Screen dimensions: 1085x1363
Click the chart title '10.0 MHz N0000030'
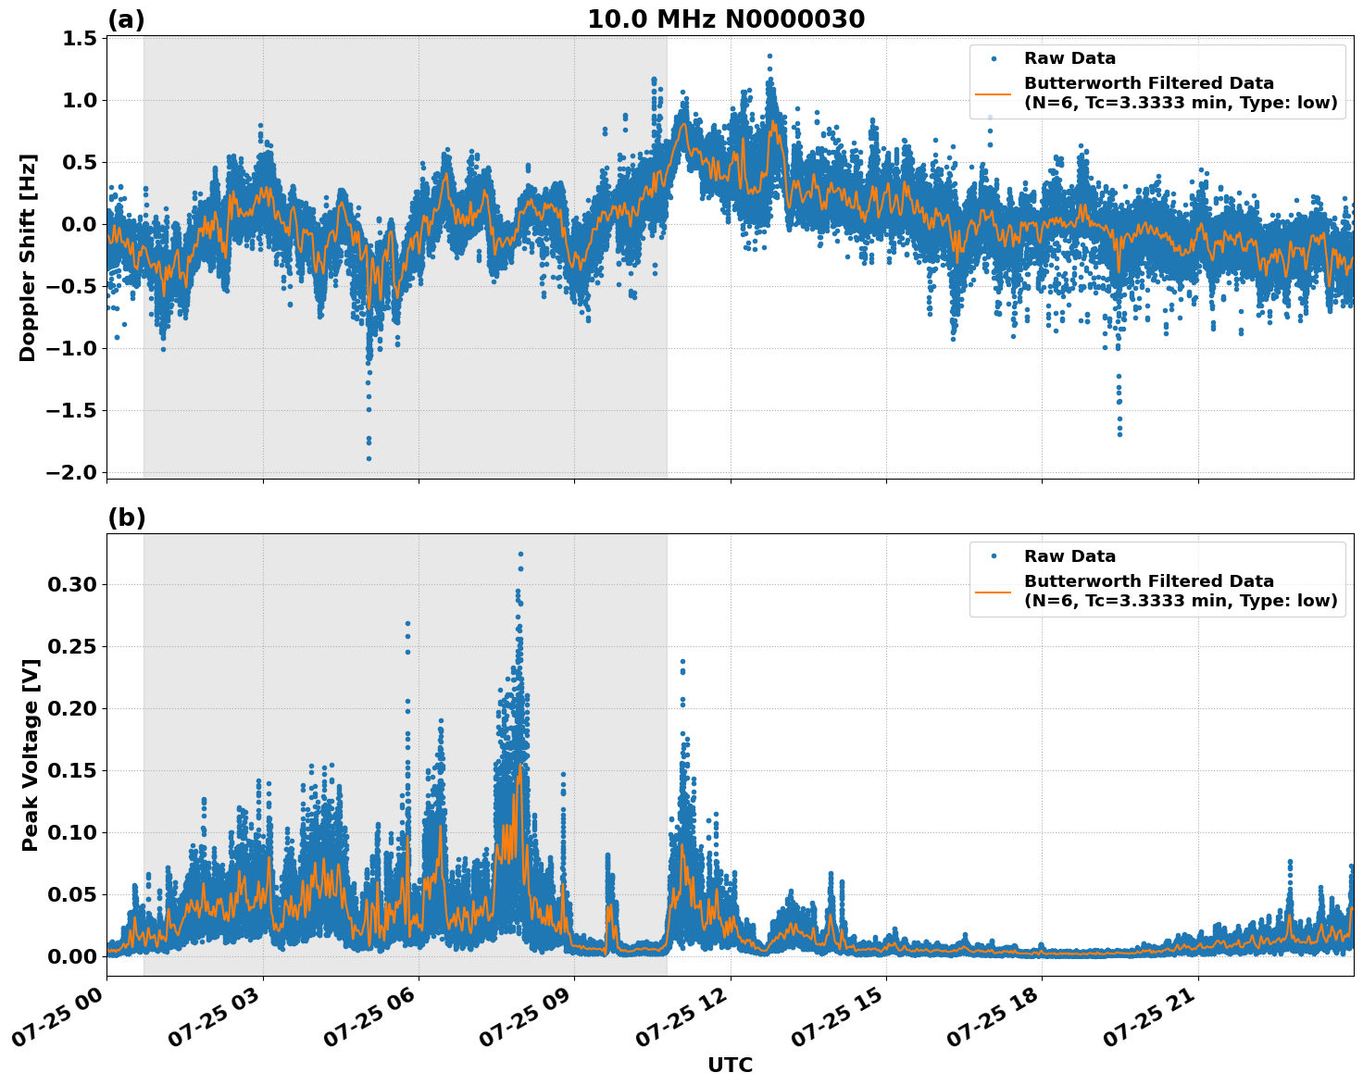726,19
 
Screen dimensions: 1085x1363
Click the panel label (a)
126,19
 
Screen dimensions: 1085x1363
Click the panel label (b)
126,518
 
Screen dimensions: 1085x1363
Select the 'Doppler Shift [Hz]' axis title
28,257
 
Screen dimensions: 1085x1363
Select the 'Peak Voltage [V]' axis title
31,755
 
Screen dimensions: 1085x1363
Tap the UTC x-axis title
730,1065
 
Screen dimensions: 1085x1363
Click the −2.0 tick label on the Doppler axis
72,472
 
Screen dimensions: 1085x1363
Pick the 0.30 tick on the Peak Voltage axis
71,584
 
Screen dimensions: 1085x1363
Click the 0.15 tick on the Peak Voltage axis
71,770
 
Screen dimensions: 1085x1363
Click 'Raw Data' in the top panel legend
1069,58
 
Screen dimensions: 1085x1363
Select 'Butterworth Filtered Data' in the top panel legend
1148,83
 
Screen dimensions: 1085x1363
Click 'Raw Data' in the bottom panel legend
1069,556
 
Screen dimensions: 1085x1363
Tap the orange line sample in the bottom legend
994,591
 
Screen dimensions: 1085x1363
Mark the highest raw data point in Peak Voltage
520,554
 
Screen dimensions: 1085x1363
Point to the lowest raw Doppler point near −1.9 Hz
369,458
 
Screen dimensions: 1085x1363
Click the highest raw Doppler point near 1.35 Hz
769,56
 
